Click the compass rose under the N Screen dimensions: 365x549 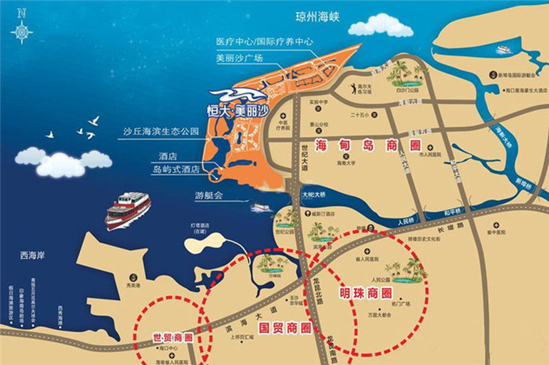point(21,31)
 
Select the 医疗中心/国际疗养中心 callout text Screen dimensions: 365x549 point(265,41)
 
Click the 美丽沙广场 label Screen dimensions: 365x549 point(240,58)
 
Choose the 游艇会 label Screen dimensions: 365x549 point(209,195)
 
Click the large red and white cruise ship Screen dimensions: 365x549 point(128,210)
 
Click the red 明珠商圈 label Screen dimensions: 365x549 point(366,293)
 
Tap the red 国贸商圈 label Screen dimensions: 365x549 point(285,329)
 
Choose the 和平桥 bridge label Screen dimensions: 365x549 point(453,211)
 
